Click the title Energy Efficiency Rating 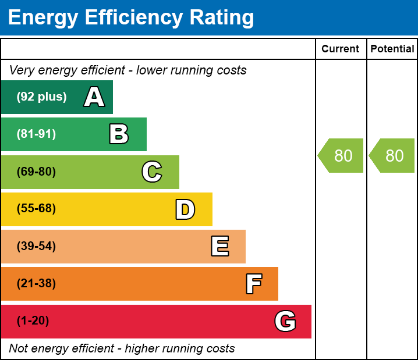(131, 18)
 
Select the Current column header (341, 49)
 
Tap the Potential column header (392, 49)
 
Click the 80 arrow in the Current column (342, 156)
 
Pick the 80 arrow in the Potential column (393, 156)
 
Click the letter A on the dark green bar (94, 97)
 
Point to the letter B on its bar (119, 134)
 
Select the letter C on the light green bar (152, 172)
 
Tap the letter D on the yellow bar (185, 209)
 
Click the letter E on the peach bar (219, 247)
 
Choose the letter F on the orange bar (253, 284)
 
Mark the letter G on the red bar (285, 321)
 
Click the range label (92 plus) (41, 97)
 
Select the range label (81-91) (36, 134)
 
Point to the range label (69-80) (36, 172)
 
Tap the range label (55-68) (36, 209)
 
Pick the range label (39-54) (36, 247)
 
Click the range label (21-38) (36, 284)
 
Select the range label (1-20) (33, 321)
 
